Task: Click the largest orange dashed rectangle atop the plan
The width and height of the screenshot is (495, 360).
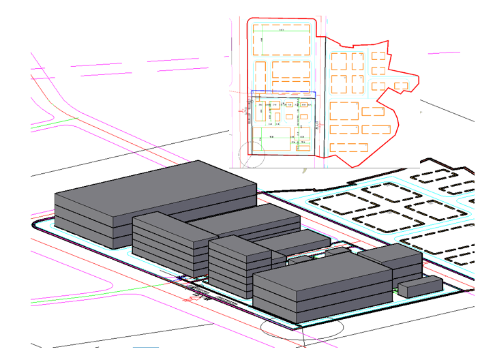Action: click(283, 40)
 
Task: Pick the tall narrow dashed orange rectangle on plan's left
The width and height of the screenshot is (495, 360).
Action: click(260, 75)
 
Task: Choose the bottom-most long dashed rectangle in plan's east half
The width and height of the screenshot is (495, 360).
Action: click(348, 147)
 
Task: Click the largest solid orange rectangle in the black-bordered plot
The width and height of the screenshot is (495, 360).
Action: click(271, 139)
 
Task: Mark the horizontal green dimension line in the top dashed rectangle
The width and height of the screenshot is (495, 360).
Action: click(283, 31)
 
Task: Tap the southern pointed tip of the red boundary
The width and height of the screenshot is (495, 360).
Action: click(353, 166)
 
